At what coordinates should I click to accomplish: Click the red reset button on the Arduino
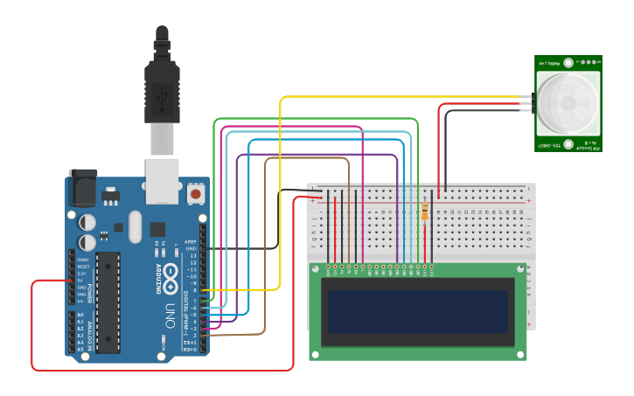(195, 192)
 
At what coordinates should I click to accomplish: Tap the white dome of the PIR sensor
(568, 103)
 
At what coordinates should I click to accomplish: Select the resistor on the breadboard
(426, 211)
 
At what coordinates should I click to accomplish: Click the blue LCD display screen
(416, 311)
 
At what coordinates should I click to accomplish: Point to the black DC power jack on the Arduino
(82, 184)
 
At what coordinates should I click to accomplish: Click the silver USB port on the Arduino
(162, 175)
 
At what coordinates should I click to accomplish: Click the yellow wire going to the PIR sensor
(394, 97)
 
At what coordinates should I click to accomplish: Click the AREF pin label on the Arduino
(191, 240)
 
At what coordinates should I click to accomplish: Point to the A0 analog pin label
(80, 315)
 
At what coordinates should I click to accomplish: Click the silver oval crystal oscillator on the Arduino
(134, 227)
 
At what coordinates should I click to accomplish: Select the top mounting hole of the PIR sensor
(568, 63)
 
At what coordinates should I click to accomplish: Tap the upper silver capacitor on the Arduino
(88, 222)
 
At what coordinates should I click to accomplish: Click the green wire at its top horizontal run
(315, 119)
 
